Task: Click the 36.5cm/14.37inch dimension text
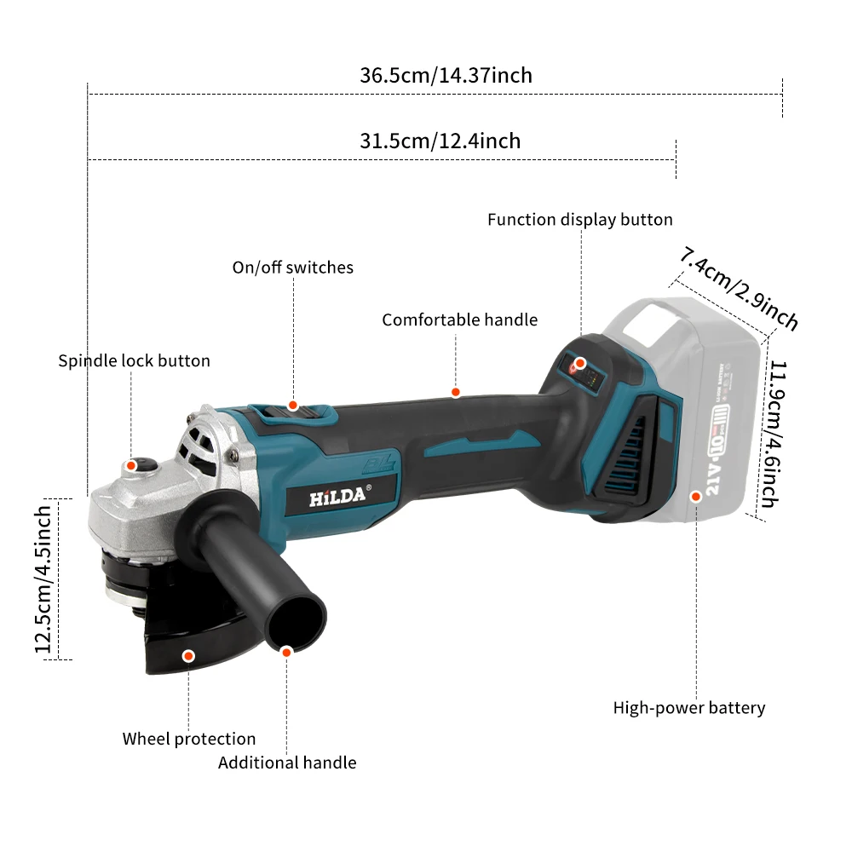click(446, 75)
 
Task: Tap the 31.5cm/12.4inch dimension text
click(440, 141)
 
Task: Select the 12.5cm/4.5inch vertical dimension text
click(44, 579)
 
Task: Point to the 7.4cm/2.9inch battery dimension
click(739, 288)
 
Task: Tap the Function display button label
click(579, 220)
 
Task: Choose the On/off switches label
click(292, 268)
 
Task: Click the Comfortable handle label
click(459, 320)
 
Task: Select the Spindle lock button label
click(134, 360)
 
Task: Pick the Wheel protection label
click(188, 739)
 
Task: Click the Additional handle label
click(287, 763)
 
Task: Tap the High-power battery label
click(689, 708)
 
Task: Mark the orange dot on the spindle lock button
click(131, 465)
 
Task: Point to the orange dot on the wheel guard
click(188, 655)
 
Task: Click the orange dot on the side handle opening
click(287, 651)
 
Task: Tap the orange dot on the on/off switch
click(293, 406)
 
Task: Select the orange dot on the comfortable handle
click(456, 392)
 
